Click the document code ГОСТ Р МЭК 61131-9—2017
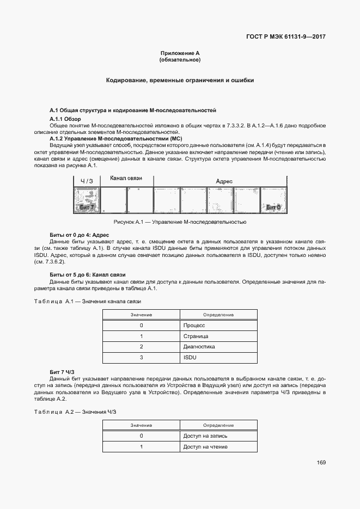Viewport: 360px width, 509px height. [x=281, y=37]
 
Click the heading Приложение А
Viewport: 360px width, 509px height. [x=180, y=53]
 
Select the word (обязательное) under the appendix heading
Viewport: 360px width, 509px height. [x=180, y=59]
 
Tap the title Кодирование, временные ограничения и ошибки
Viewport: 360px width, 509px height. [x=180, y=80]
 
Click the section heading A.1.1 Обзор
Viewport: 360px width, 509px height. [x=65, y=119]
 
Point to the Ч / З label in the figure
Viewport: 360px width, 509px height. [x=87, y=181]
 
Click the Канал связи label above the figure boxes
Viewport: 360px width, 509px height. [x=126, y=179]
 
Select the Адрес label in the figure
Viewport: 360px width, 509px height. [x=224, y=181]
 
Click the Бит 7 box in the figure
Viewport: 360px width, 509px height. [x=87, y=200]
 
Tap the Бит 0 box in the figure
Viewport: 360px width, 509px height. [x=273, y=200]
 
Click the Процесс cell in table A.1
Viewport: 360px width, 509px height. [x=194, y=325]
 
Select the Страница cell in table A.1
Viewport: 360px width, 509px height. [x=196, y=336]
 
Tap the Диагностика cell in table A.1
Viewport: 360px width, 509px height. [x=199, y=347]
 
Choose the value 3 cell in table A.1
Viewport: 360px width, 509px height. [x=141, y=358]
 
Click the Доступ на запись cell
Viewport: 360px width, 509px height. [x=205, y=436]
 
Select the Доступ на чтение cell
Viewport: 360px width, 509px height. [x=205, y=447]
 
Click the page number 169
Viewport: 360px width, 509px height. [x=321, y=463]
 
